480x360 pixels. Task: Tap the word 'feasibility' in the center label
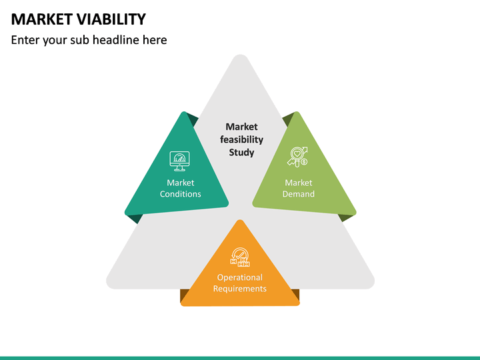[241, 139]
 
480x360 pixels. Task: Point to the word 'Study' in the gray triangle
[241, 152]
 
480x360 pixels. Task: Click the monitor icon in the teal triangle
[179, 160]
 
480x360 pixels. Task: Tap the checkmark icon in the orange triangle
[240, 257]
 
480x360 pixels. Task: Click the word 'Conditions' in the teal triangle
[180, 194]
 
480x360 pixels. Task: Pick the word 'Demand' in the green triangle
[298, 194]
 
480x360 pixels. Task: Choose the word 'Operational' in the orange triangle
[240, 277]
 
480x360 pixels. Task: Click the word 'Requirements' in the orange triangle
[240, 289]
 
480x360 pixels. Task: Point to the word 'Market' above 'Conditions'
[180, 183]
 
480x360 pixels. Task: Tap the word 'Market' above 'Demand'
[298, 183]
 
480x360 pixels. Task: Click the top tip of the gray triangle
[240, 57]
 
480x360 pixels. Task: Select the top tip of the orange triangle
[240, 223]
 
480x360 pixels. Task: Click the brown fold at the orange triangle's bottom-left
[184, 295]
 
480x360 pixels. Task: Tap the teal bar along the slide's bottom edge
[240, 357]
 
